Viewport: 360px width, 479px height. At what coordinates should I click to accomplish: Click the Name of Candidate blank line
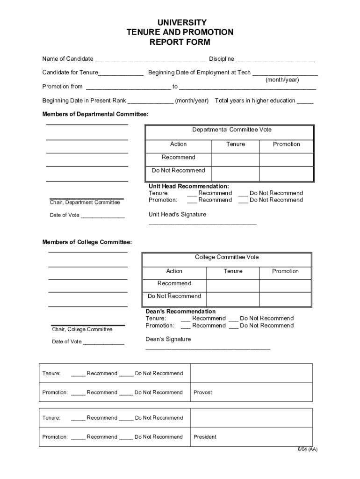coord(150,60)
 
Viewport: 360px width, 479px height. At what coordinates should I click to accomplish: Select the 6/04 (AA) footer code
coord(307,450)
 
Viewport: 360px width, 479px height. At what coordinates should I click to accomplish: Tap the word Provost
coord(203,392)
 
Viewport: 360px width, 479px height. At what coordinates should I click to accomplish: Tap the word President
coord(205,437)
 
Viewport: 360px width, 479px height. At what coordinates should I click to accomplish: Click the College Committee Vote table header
coord(227,257)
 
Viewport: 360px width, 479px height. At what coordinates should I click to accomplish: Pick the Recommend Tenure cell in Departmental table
coord(235,160)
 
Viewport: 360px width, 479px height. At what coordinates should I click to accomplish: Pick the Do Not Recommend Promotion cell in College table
coord(285,299)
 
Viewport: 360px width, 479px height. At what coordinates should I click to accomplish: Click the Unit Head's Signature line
coord(202,224)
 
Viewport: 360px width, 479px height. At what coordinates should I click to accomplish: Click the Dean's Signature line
coord(208,348)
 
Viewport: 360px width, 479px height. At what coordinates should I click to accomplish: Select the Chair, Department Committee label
coord(85,203)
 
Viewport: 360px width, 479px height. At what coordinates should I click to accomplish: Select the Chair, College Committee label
coord(82,329)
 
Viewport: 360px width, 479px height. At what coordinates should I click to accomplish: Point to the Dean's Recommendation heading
coord(180,312)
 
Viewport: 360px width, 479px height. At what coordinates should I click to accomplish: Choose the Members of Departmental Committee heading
coord(95,115)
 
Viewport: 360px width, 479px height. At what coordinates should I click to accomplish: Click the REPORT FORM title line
coord(180,42)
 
